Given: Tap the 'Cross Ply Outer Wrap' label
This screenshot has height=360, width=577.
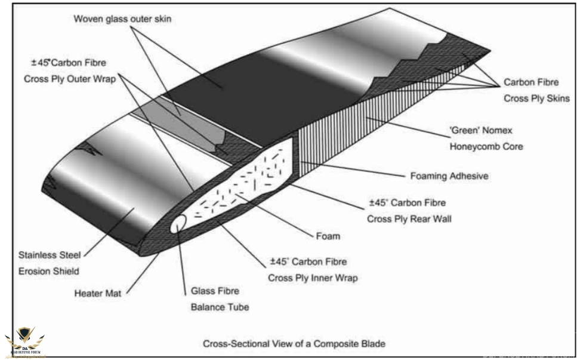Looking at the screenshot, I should pyautogui.click(x=70, y=78).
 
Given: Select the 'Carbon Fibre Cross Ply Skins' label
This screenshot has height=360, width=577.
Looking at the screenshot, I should pyautogui.click(x=536, y=91).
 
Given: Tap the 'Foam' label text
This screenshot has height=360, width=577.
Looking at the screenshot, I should pyautogui.click(x=328, y=236).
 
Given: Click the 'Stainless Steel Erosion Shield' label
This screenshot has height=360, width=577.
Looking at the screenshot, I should pyautogui.click(x=53, y=263).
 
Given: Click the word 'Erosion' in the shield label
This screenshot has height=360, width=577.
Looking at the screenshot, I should pyautogui.click(x=38, y=271).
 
